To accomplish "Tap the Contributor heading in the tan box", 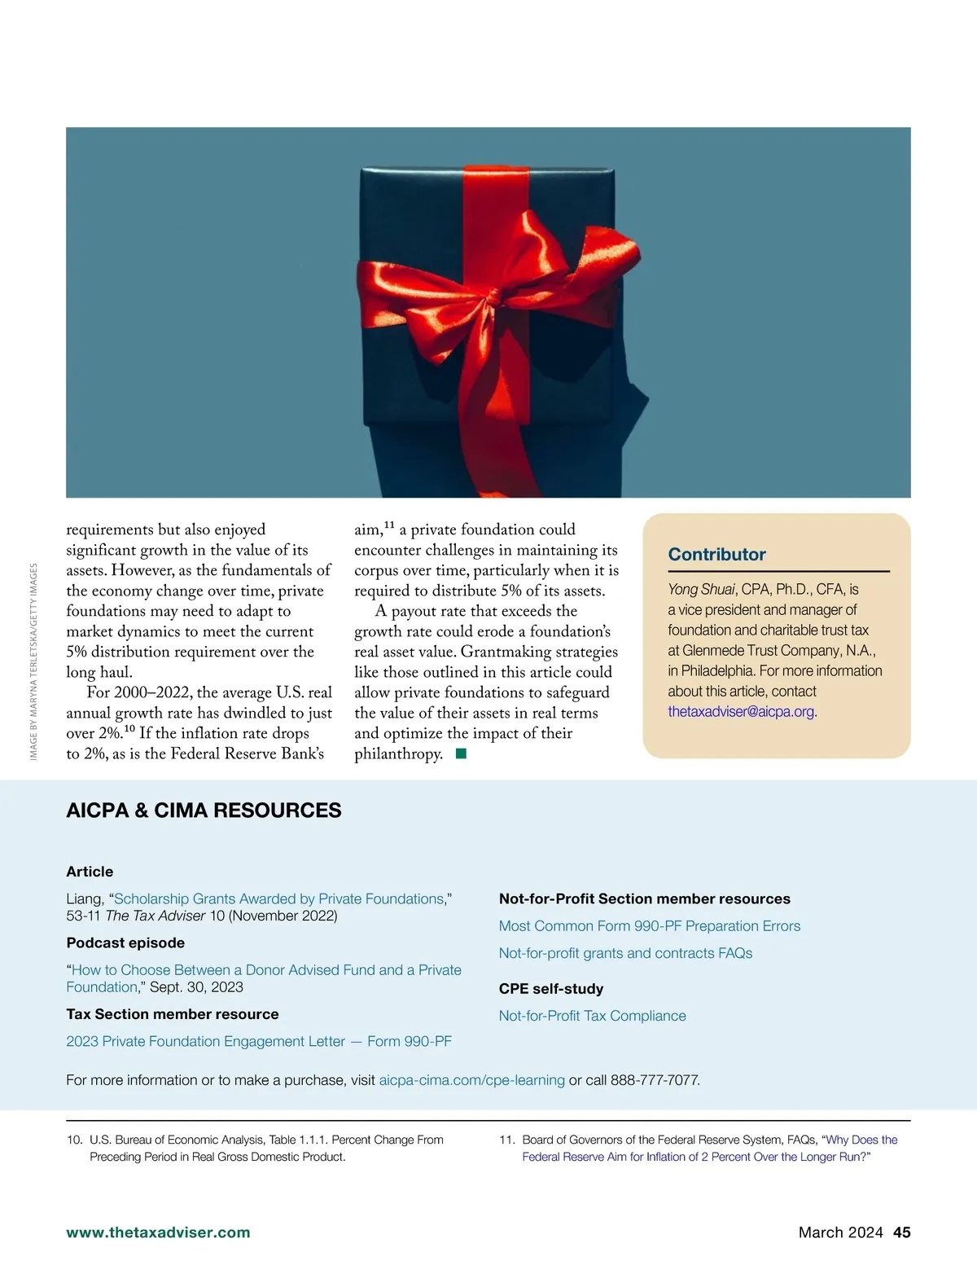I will tap(716, 555).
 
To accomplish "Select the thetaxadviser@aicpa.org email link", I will tap(741, 711).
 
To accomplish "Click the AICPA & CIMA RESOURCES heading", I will tap(204, 811).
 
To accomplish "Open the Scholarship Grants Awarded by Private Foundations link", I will tap(279, 899).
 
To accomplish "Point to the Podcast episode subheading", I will tap(125, 942).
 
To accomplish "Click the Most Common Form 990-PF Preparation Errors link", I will tap(649, 925).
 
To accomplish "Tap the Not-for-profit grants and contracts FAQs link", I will tap(625, 953).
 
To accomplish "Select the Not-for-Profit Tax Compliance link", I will tap(592, 1016).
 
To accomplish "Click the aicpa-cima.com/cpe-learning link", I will tap(471, 1080).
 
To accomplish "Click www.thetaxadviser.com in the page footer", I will tap(158, 1232).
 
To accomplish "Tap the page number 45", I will tap(901, 1232).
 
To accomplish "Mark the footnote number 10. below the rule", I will tap(74, 1140).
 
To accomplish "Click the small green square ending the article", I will tap(461, 754).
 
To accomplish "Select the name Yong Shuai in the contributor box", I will tap(701, 589).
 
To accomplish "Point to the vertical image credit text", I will tap(33, 661).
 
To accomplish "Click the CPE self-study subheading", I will tap(550, 989).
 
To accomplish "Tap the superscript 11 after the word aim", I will tap(389, 525).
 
